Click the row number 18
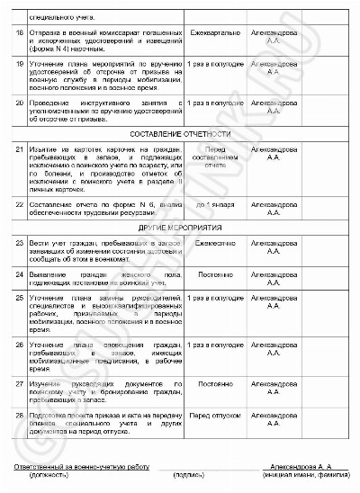tap(21, 31)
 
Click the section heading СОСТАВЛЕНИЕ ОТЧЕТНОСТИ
tap(180, 132)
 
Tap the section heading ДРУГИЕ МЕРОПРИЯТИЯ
tap(180, 229)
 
